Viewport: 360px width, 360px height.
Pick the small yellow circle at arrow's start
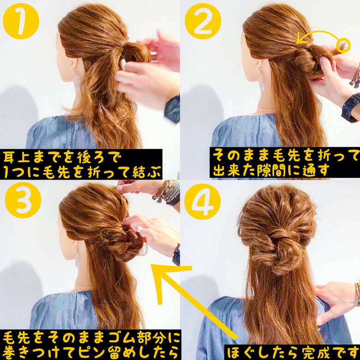(x=342, y=45)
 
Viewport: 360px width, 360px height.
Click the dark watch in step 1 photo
(x=173, y=109)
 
